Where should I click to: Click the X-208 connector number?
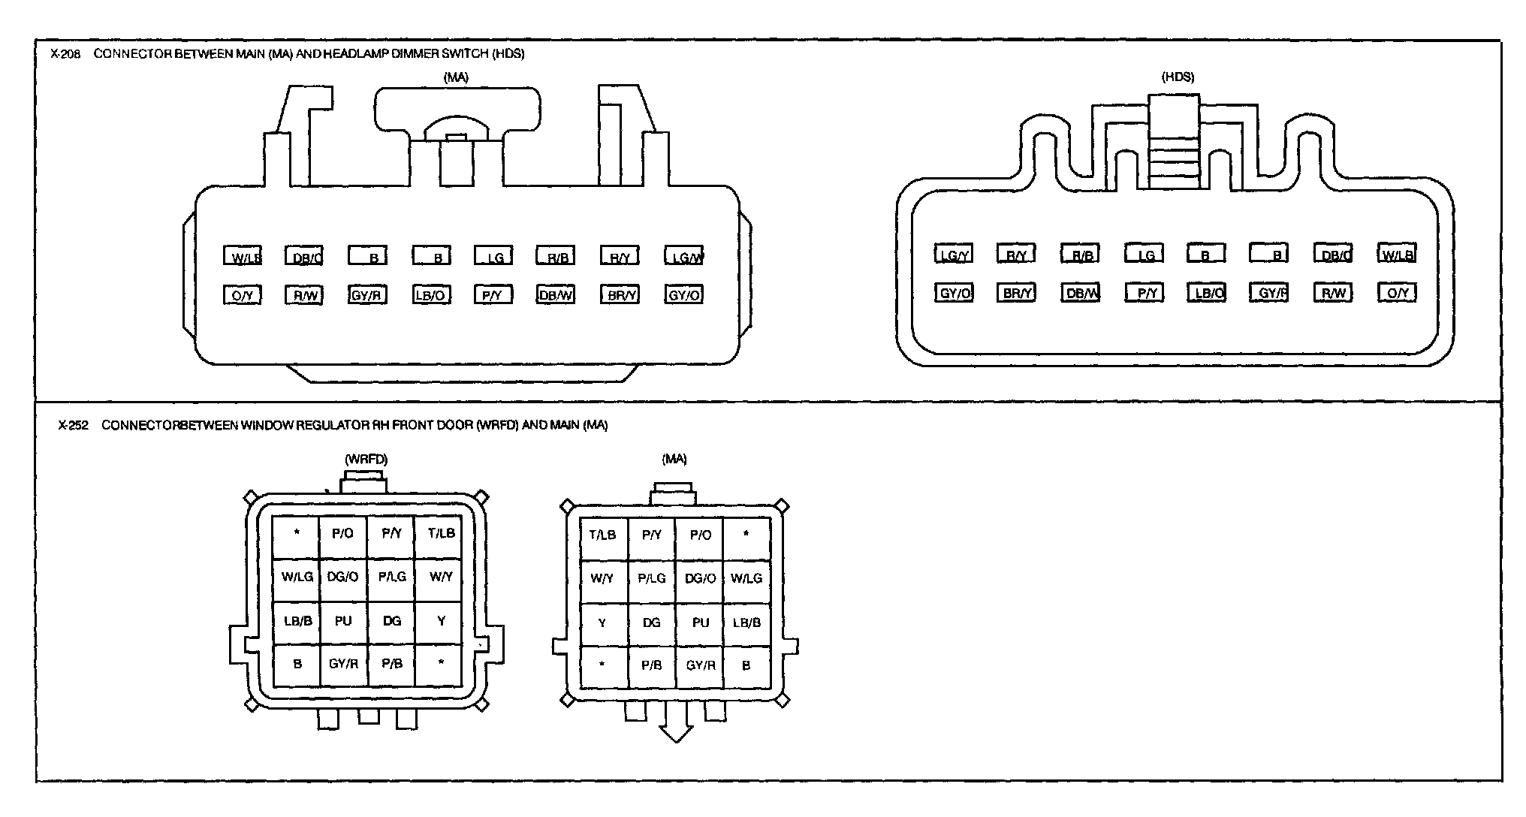point(64,54)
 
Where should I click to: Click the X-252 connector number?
point(73,425)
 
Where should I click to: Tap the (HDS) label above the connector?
point(1178,77)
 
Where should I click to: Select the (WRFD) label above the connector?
point(366,459)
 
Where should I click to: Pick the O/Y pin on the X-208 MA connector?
point(242,294)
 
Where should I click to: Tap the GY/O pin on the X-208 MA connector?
point(683,294)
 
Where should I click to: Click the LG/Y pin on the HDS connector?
point(953,254)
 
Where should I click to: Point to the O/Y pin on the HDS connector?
point(1397,292)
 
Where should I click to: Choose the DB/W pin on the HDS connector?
point(1081,292)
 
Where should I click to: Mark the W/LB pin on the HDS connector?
point(1396,254)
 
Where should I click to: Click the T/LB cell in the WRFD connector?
point(440,533)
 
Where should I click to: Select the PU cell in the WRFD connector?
point(343,621)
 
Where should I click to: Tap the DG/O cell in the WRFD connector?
point(343,577)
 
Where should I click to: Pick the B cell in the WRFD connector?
point(297,664)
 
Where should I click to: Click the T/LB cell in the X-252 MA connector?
point(602,535)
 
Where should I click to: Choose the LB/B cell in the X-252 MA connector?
point(746,622)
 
